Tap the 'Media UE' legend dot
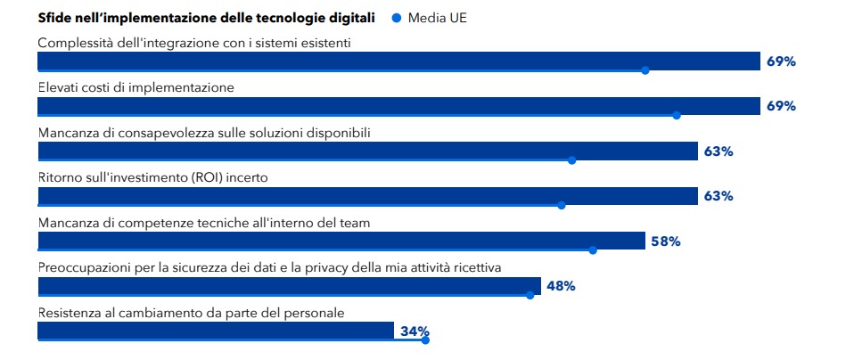397,18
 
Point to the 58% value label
666,241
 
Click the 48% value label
561,286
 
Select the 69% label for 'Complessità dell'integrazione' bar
780,61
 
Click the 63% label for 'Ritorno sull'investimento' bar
718,196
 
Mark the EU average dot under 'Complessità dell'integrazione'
645,70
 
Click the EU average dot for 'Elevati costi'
677,115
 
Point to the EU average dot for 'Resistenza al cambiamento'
425,340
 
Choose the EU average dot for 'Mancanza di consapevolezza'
571,160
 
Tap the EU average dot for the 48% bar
530,295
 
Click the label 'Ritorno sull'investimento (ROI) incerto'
153,177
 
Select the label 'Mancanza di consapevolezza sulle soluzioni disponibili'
204,133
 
